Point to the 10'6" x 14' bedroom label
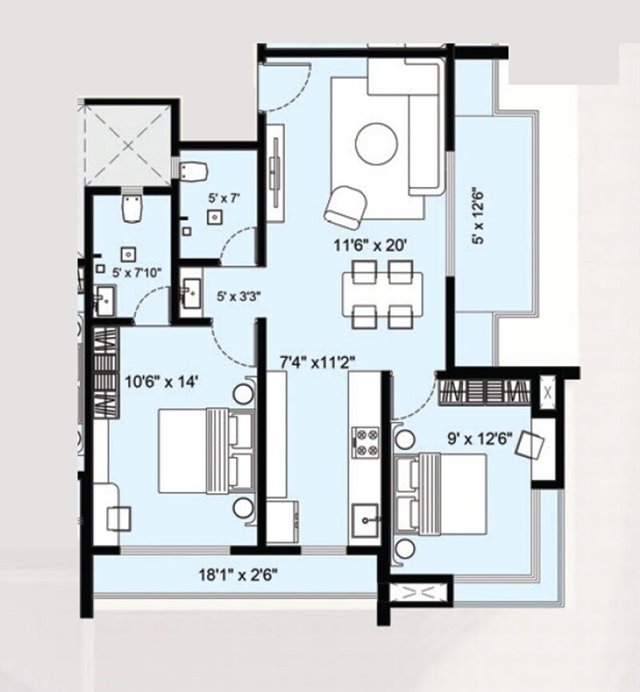[x=161, y=381]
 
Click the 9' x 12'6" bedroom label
[x=478, y=437]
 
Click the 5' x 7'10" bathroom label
[x=137, y=272]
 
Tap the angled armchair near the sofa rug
[x=346, y=205]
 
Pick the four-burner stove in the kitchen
[x=366, y=442]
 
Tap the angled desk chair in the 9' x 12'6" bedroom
[x=530, y=443]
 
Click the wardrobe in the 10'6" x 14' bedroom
[x=106, y=372]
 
